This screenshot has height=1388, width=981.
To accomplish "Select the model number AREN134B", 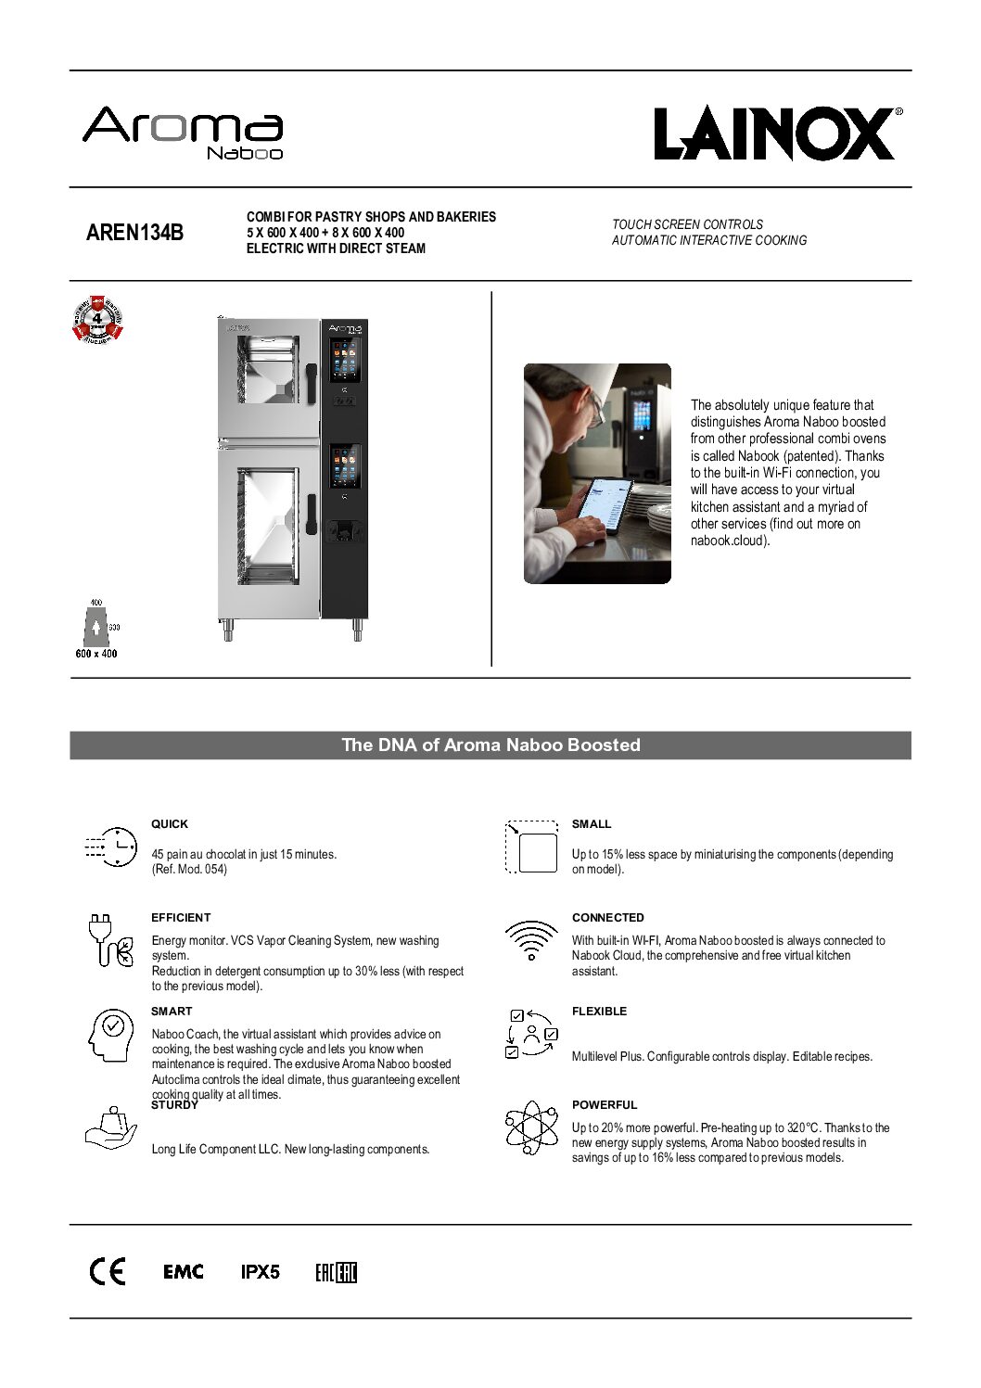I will pos(134,233).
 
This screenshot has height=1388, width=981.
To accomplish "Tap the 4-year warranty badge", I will pos(97,319).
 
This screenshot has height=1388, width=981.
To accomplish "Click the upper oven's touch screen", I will pos(345,360).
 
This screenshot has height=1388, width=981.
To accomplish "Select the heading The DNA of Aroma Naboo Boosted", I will pos(490,745).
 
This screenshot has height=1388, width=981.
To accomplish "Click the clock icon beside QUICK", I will pos(111,847).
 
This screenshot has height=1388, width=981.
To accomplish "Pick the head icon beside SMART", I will pos(110,1035).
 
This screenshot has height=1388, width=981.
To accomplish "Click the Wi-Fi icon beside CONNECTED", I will pos(531,940).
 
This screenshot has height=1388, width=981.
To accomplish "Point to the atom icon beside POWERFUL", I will pos(531,1127).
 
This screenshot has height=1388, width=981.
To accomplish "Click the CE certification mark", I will pos(108,1272).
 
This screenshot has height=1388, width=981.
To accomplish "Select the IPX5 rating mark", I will pos(261,1272).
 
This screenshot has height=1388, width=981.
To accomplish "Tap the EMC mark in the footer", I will pos(184,1272).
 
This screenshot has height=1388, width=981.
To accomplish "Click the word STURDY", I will pos(174,1105).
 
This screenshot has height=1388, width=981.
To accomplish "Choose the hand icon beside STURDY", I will pos(110,1128).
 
